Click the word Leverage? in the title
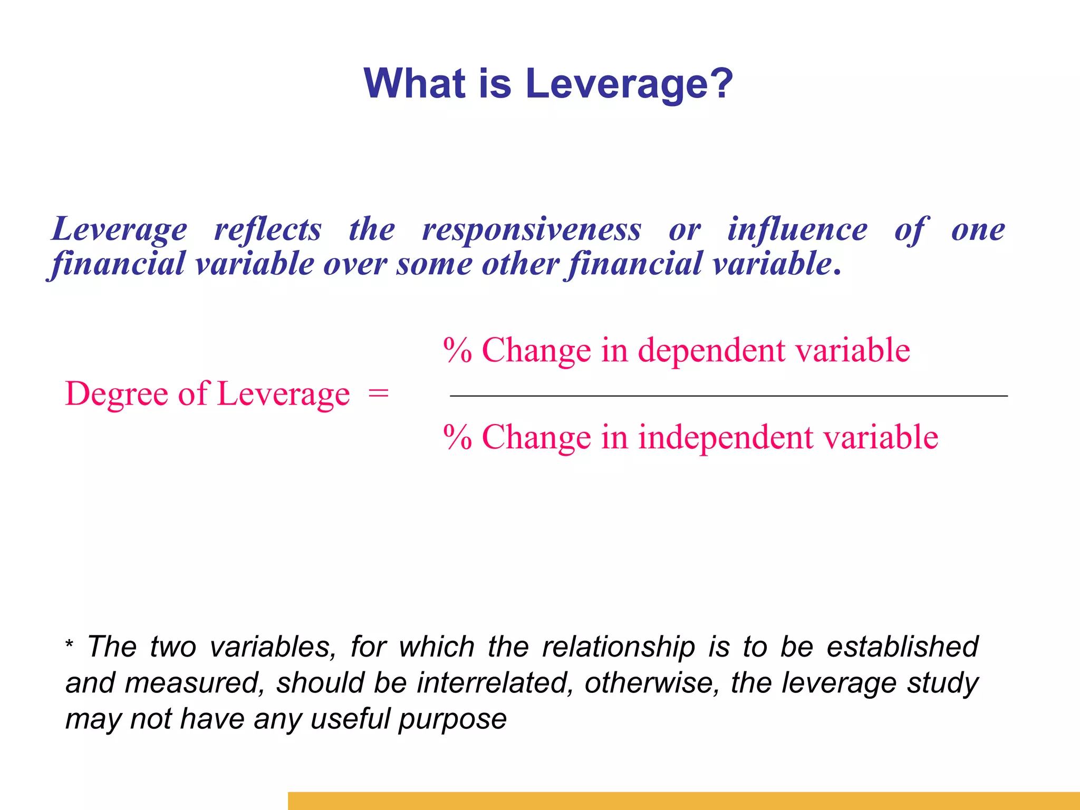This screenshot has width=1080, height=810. coord(629,84)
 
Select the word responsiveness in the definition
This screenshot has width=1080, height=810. coord(532,230)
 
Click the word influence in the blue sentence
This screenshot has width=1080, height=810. coord(797,230)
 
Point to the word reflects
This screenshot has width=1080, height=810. coord(267,230)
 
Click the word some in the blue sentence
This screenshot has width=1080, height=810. coord(434,264)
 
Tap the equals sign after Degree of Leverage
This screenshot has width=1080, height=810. coord(378,393)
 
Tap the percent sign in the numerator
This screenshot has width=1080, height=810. coord(457,350)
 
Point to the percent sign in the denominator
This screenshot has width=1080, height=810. coord(457,437)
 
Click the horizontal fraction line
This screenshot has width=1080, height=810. coord(728,396)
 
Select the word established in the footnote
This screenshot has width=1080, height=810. coord(902,647)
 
